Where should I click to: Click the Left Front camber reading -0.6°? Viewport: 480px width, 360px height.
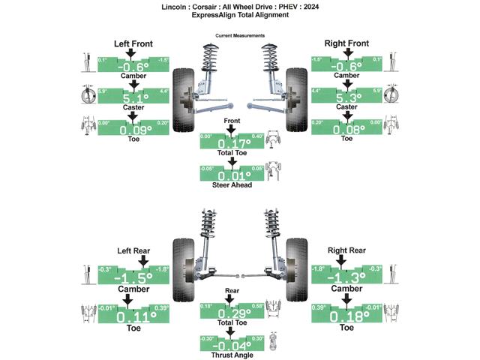click(x=132, y=65)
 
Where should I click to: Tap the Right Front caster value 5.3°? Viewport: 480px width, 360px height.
click(x=346, y=97)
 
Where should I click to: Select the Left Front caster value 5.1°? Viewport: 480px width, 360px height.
click(x=132, y=97)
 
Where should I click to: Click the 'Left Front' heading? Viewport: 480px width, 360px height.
click(x=133, y=43)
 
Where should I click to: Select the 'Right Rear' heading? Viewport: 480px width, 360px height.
click(x=346, y=250)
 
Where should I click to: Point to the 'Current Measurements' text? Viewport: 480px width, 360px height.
click(x=239, y=35)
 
